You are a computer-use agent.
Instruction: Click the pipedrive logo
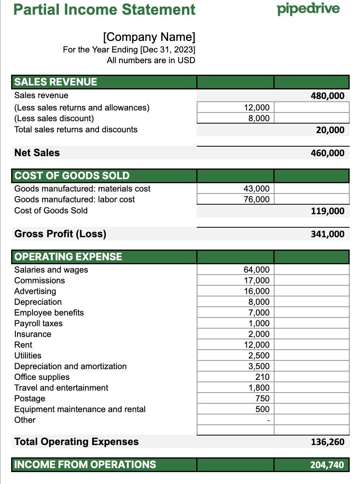308,9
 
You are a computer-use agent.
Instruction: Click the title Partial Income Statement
105,10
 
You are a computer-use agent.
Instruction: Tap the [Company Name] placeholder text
149,37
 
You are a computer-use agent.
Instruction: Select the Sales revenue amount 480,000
327,96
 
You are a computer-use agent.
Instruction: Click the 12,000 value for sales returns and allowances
256,108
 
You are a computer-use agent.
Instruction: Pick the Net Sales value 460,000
327,153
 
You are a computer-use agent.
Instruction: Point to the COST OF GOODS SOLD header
72,176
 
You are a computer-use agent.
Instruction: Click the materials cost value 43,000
256,189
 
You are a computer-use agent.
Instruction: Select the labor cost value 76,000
256,199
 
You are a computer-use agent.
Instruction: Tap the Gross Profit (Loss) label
60,234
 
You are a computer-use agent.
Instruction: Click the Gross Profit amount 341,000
327,234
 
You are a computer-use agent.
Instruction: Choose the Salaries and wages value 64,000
256,270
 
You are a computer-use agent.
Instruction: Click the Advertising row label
35,291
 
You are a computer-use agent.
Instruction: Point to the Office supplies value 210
262,377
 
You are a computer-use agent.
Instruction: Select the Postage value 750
262,399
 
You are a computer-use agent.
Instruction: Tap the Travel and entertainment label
61,388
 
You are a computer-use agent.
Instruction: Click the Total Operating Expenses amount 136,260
327,442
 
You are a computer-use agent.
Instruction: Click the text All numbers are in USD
151,60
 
